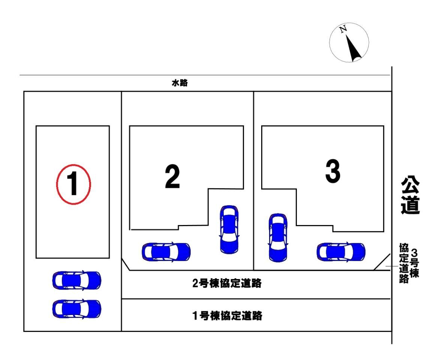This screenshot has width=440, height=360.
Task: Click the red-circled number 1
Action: pyautogui.click(x=73, y=184)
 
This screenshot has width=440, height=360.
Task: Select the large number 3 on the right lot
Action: pyautogui.click(x=332, y=172)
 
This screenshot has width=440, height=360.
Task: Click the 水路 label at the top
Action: pyautogui.click(x=180, y=84)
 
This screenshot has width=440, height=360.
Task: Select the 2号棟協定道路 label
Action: pyautogui.click(x=226, y=283)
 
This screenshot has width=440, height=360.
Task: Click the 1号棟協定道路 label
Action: pyautogui.click(x=227, y=316)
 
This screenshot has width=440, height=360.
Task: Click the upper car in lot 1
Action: pyautogui.click(x=77, y=280)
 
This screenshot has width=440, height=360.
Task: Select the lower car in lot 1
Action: pyautogui.click(x=77, y=309)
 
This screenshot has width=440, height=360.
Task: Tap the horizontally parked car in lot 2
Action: pyautogui.click(x=166, y=252)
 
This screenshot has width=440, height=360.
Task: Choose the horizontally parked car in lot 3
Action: pyautogui.click(x=341, y=252)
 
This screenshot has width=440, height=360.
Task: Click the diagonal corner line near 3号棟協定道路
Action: pyautogui.click(x=381, y=261)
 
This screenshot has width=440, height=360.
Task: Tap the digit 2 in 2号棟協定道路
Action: pyautogui.click(x=195, y=284)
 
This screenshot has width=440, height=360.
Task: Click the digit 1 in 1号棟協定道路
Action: pyautogui.click(x=195, y=316)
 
